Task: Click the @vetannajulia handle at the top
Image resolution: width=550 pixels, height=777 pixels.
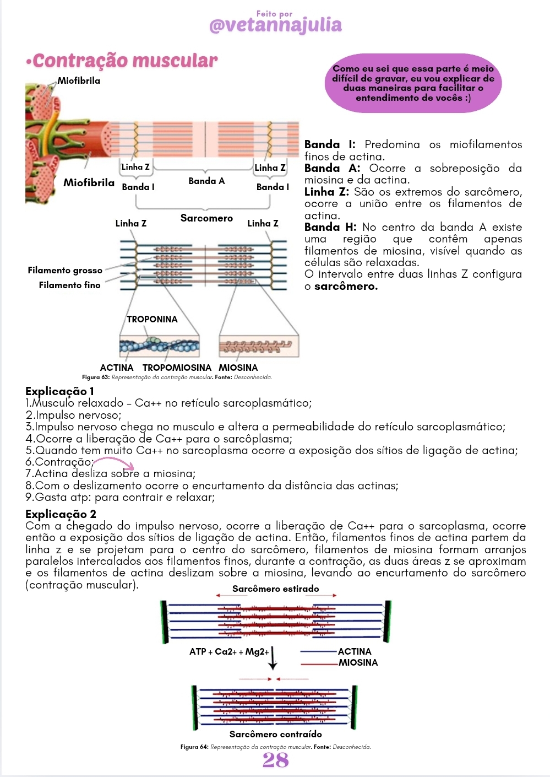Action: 275,25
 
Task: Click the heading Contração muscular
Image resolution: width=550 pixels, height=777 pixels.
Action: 124,61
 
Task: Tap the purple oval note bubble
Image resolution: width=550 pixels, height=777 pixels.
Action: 413,83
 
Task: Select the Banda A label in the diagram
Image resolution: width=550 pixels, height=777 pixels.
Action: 206,181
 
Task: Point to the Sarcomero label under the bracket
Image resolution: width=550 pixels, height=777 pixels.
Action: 206,218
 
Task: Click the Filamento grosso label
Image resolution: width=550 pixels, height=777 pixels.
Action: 65,270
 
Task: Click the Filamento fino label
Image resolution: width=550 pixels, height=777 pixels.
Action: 69,285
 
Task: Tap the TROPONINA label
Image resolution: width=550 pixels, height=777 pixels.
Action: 152,319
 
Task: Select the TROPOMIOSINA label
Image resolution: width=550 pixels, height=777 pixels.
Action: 177,368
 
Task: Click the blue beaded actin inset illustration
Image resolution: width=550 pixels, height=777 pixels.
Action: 159,346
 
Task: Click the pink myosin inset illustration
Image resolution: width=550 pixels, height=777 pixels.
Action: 258,346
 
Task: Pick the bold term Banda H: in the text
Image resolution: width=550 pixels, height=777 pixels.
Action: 330,227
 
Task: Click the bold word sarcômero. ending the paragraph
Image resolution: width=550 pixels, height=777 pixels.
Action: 346,287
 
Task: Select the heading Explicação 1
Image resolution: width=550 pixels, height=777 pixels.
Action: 59,391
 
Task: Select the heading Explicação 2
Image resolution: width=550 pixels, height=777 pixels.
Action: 61,514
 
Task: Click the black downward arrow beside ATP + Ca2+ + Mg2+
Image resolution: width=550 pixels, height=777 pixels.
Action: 273,657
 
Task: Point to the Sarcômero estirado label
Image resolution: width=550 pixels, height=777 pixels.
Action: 275,589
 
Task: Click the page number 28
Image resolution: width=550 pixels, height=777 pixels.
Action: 275,760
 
